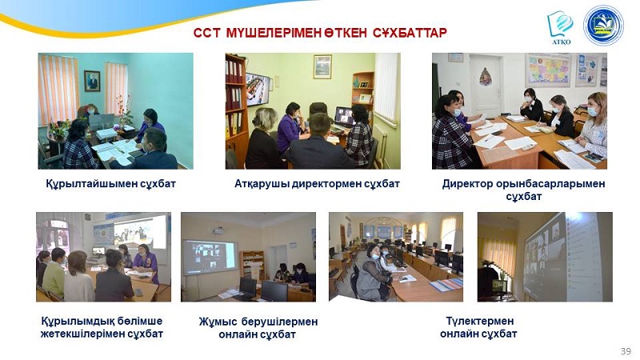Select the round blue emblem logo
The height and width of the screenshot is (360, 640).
click(x=603, y=26)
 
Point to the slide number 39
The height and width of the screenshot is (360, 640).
click(x=626, y=351)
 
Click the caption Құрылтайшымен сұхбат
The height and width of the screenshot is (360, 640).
click(x=110, y=184)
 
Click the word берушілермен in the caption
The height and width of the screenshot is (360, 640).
click(x=279, y=322)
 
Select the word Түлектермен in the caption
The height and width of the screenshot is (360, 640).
click(x=479, y=321)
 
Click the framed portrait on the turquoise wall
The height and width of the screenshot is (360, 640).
click(x=92, y=81)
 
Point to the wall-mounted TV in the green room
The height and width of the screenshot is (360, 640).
click(x=257, y=89)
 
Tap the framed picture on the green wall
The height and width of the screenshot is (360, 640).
click(x=322, y=66)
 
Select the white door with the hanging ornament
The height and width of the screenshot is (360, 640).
click(x=486, y=85)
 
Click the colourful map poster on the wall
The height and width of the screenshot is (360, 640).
click(x=548, y=70)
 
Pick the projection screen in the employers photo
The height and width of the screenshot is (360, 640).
click(x=210, y=258)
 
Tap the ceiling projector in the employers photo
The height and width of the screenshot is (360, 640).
click(x=218, y=230)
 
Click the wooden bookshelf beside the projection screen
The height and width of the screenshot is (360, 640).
click(x=252, y=266)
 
